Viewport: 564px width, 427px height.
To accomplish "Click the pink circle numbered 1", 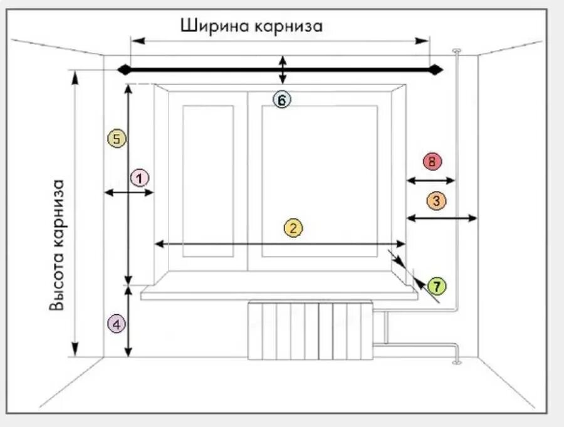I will pos(140,178).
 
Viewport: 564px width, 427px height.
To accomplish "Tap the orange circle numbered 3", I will pos(436,201).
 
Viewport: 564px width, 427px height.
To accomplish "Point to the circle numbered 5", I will pos(117,138).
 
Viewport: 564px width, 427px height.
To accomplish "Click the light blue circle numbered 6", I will pos(282,100).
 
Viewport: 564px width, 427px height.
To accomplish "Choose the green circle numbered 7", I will pos(436,287).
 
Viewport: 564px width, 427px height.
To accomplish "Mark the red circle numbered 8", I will pos(432,162).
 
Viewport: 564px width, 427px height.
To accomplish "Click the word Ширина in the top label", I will pos(215,26).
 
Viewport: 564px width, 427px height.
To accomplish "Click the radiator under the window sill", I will pos(311,331).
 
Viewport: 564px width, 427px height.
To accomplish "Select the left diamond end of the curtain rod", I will pos(124,70).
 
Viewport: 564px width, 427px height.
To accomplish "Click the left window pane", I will pos(208,181).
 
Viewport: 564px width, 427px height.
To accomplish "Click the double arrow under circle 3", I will pos(442,217).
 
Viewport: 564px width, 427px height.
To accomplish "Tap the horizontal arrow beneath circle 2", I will pos(281,244).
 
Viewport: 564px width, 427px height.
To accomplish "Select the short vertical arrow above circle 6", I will pos(283,69).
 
